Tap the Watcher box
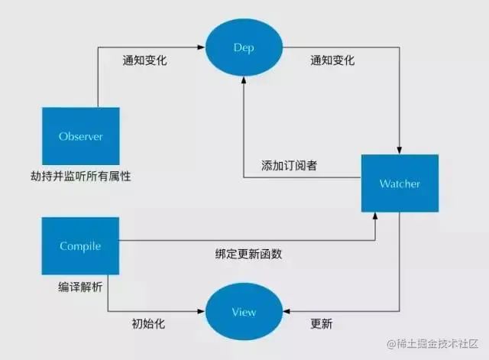(x=400, y=183)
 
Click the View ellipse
(x=244, y=312)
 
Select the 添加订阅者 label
(x=287, y=166)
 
